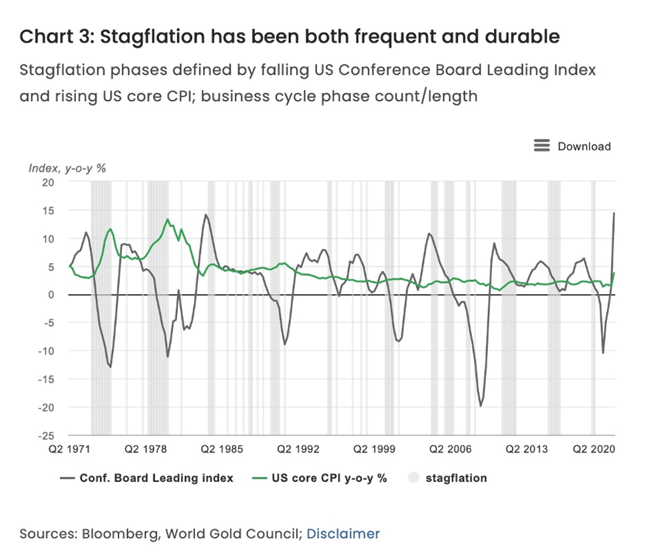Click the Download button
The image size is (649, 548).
point(583,146)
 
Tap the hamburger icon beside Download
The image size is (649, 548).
point(542,146)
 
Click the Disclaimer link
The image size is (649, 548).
point(343,533)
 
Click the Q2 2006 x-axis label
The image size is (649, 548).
point(445,449)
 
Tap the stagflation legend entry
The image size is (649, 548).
point(456,477)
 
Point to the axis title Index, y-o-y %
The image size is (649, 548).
point(67,168)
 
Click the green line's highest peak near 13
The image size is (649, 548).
point(168,219)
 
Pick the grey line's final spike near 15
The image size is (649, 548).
point(614,213)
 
